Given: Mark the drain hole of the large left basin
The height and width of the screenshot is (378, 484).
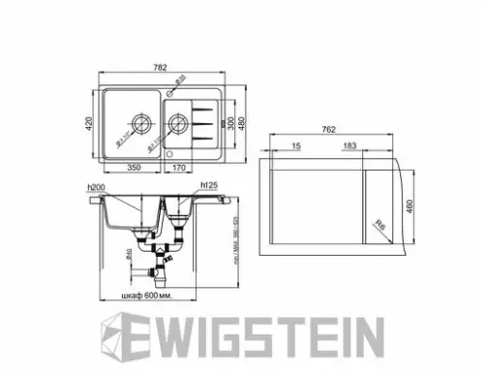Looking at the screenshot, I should pyautogui.click(x=139, y=124).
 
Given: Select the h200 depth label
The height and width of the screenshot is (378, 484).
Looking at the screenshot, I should pyautogui.click(x=95, y=186).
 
